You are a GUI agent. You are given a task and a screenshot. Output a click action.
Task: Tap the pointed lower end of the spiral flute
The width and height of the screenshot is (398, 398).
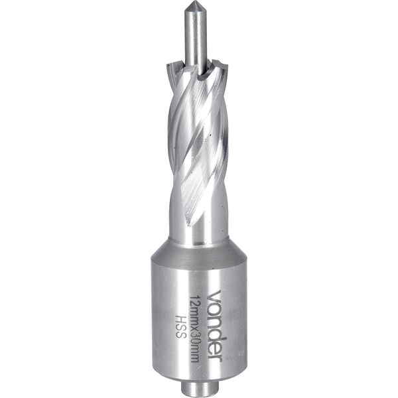point(189,224)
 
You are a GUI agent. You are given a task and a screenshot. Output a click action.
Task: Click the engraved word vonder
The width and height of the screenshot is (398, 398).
point(215,326)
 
